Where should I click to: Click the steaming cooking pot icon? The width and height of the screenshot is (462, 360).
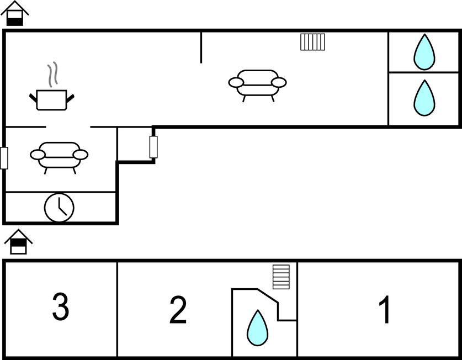(51, 100)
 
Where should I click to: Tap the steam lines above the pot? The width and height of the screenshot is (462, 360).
(52, 75)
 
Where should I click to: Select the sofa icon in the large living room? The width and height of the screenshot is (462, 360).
(257, 84)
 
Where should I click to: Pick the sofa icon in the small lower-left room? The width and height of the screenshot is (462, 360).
(59, 157)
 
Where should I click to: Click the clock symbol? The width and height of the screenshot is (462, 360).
(59, 207)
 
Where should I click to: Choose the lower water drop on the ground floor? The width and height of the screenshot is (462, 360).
(424, 98)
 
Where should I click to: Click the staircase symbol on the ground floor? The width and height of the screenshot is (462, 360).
(312, 42)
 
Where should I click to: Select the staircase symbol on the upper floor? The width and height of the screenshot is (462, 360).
(281, 277)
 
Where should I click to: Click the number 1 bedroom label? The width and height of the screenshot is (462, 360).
(385, 310)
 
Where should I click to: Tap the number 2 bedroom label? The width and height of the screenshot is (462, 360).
(178, 310)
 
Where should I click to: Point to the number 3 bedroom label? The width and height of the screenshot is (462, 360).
(60, 307)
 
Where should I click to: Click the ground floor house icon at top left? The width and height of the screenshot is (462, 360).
(15, 14)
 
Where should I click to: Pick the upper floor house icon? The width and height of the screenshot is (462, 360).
(18, 242)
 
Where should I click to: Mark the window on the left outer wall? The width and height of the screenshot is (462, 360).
(4, 158)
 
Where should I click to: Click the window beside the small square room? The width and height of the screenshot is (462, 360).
(153, 147)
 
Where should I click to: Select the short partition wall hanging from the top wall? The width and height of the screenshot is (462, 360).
(201, 47)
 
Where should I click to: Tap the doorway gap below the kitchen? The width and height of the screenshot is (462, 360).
(68, 128)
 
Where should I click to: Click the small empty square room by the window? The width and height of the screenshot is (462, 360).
(134, 145)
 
